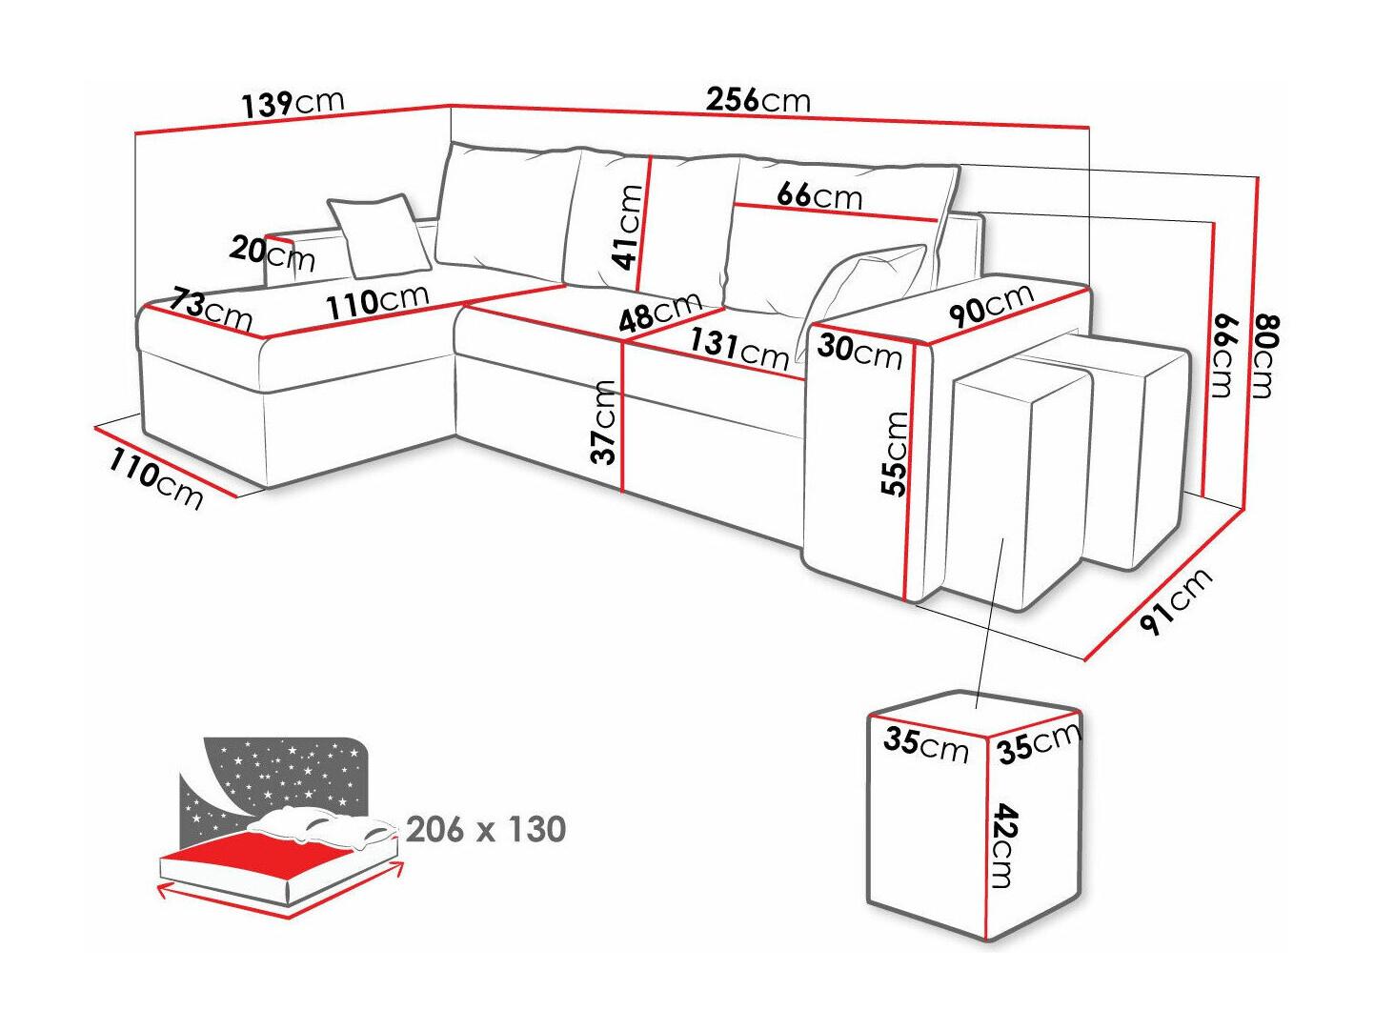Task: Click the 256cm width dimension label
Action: [758, 99]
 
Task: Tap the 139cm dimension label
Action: [292, 103]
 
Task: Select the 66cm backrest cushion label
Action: [819, 195]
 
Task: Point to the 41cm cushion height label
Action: [629, 227]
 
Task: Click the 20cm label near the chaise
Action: [272, 253]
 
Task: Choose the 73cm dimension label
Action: [212, 309]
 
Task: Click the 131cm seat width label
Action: [739, 347]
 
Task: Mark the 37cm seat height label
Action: [604, 421]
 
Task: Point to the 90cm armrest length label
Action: [991, 305]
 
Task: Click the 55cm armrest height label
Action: [896, 454]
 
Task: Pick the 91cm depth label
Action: [1176, 600]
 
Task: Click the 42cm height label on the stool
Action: [1004, 846]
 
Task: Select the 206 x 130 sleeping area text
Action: [486, 829]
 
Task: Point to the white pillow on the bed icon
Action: [324, 825]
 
